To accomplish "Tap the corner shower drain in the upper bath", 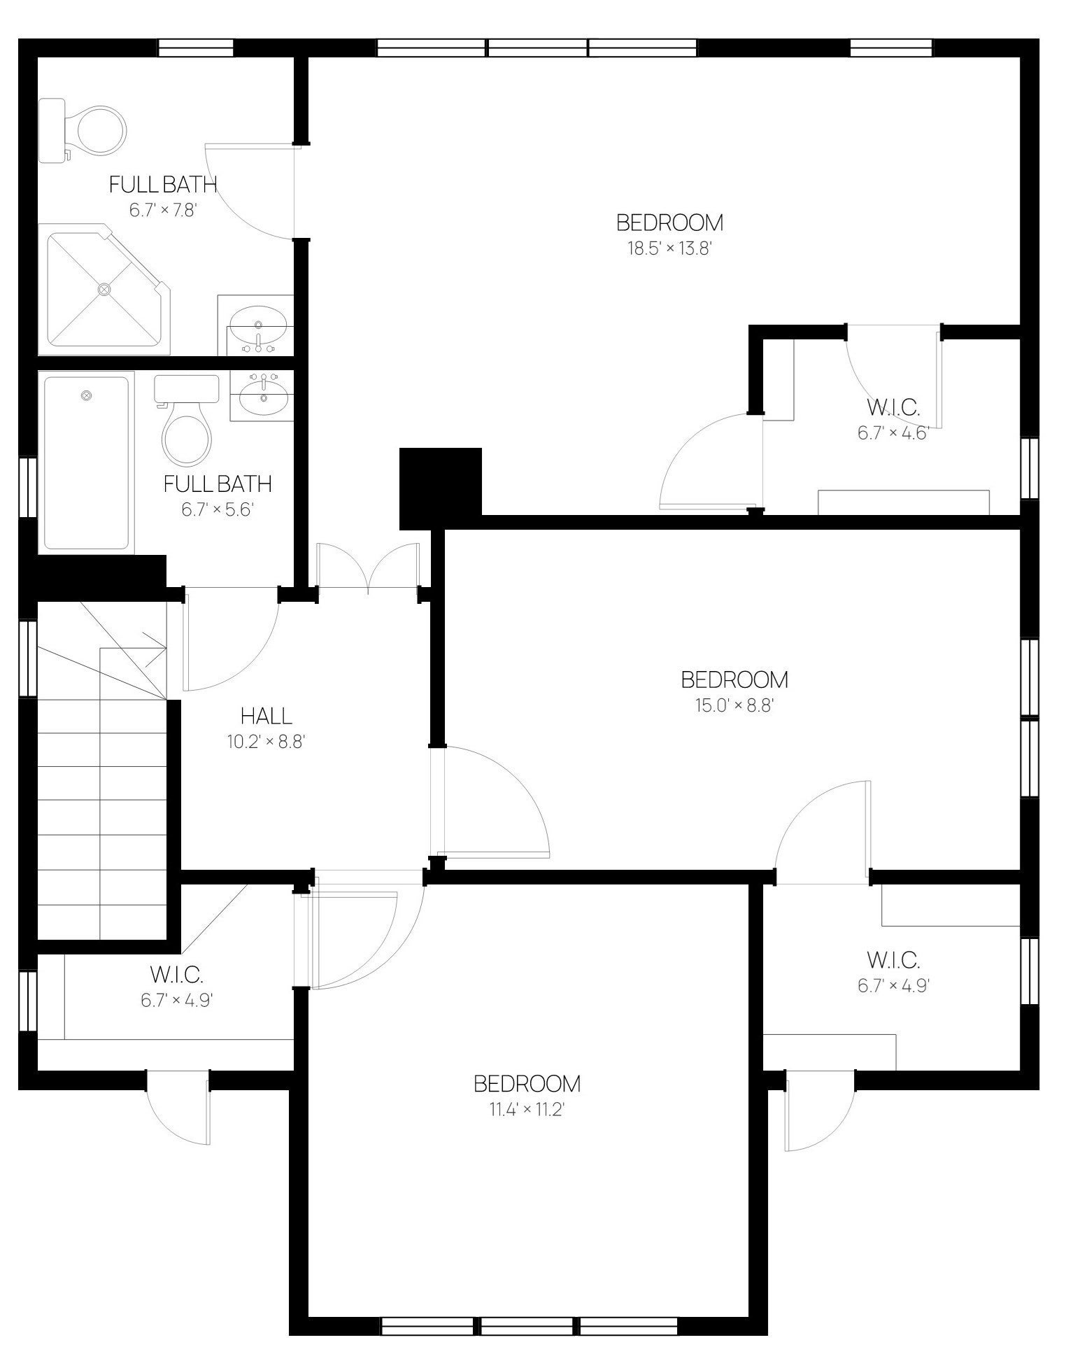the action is click(105, 288).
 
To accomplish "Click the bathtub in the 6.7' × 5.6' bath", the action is click(86, 463).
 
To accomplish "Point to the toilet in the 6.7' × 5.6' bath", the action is click(186, 422).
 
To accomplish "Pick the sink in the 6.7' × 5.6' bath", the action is click(263, 395).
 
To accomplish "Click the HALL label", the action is click(266, 716).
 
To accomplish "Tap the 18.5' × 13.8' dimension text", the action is click(669, 248).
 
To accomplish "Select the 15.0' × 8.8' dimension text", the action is click(734, 705).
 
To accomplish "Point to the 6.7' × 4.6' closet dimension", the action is click(894, 433).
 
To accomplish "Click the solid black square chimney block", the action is click(441, 488).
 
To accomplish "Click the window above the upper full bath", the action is click(195, 47).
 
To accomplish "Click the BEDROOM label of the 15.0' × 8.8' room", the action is click(734, 679).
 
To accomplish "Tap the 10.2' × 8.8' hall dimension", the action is click(266, 742).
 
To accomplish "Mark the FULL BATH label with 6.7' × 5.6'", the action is click(218, 484).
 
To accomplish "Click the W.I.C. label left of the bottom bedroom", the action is click(176, 974).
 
